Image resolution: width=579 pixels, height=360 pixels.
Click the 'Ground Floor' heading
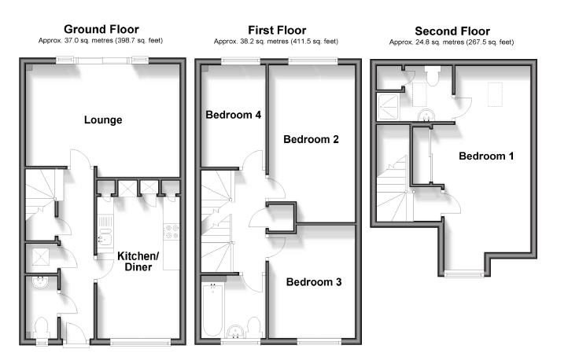point(102,30)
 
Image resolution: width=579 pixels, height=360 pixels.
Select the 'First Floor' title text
point(276,30)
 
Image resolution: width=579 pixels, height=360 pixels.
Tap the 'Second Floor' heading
point(452,30)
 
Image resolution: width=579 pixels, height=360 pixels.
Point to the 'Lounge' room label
point(103,120)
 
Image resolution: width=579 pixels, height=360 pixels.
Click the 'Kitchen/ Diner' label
point(138,262)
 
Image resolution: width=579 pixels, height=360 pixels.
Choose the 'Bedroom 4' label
point(233,115)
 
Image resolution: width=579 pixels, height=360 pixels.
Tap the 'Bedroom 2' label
point(311,140)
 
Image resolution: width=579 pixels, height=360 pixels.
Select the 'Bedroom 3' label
point(312,282)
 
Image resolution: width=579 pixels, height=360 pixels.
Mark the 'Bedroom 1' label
point(486,156)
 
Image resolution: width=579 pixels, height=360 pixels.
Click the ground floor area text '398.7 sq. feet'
point(139,41)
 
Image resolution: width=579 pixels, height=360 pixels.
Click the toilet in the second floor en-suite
point(431,76)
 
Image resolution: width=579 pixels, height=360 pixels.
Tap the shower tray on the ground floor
point(38,256)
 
